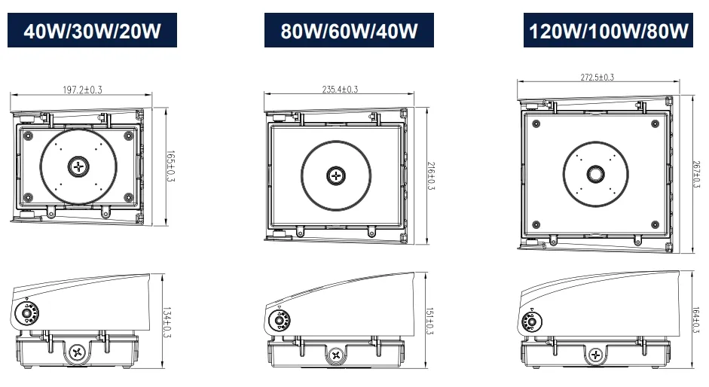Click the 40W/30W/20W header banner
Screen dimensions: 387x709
92,31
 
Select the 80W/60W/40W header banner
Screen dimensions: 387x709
349,31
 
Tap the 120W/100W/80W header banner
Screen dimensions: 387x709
608,31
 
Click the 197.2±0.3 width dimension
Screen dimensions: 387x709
82,90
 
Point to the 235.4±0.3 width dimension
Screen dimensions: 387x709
340,90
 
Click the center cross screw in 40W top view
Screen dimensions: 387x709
78,166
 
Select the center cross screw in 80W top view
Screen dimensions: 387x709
335,175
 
